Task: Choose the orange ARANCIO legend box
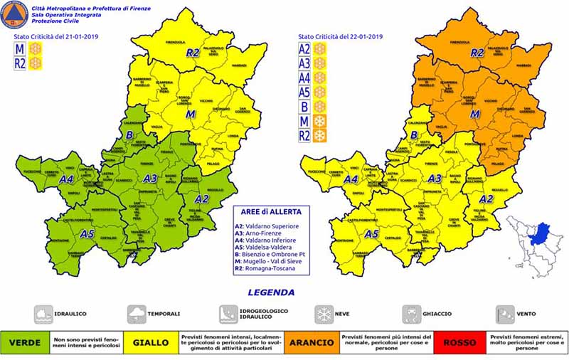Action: pyautogui.click(x=311, y=342)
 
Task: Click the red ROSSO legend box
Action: pyautogui.click(x=459, y=342)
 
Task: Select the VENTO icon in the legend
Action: pyautogui.click(x=503, y=313)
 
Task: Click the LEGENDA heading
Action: pyautogui.click(x=271, y=292)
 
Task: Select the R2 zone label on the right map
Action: pyautogui.click(x=478, y=53)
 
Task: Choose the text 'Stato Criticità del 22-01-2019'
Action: pyautogui.click(x=341, y=36)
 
